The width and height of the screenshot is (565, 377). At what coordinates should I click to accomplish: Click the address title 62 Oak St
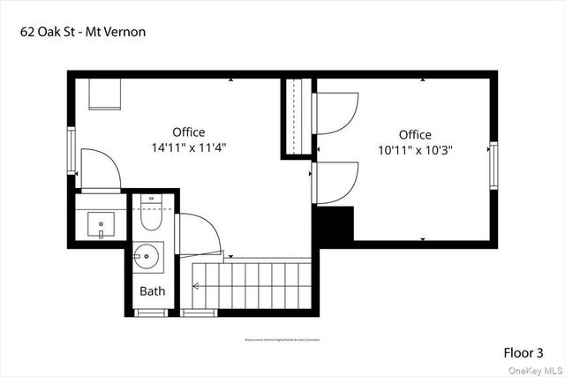click(82, 32)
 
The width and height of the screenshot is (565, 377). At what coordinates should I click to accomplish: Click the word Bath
click(152, 290)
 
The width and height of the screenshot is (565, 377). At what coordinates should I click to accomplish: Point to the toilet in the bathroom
click(150, 212)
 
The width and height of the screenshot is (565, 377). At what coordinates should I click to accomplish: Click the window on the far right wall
click(493, 162)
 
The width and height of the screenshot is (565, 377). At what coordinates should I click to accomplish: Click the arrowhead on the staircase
click(196, 285)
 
